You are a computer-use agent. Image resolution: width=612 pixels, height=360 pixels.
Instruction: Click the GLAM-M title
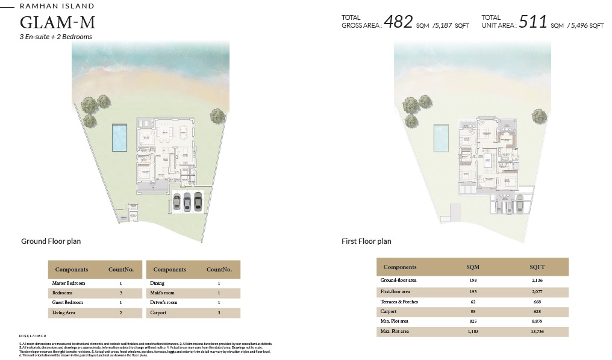[x=58, y=23]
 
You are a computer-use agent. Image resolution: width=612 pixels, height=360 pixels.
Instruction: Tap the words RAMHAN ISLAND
[x=57, y=6]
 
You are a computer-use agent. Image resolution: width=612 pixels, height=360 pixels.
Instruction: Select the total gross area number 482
[x=398, y=22]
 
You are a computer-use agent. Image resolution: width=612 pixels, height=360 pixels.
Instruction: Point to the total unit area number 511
[x=533, y=22]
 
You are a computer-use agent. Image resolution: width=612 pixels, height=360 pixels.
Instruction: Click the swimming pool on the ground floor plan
[x=120, y=138]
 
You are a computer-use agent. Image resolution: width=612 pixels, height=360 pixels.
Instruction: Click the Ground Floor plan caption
[x=51, y=241]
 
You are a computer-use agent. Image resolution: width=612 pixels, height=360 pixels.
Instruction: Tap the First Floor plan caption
[x=366, y=241]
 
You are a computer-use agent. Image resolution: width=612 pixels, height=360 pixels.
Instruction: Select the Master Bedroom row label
[x=69, y=283]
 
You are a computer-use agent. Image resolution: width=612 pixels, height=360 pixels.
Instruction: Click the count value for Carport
[x=219, y=313]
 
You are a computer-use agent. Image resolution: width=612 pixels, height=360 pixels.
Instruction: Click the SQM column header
[x=473, y=267]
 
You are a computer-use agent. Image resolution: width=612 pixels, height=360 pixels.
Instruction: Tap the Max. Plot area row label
[x=395, y=332]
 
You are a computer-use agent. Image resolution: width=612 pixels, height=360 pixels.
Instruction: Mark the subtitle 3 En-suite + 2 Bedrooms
[x=56, y=37]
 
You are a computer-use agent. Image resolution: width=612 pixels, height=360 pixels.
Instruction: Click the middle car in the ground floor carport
[x=187, y=201]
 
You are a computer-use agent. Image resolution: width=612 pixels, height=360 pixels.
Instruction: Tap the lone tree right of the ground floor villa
[x=218, y=115]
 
